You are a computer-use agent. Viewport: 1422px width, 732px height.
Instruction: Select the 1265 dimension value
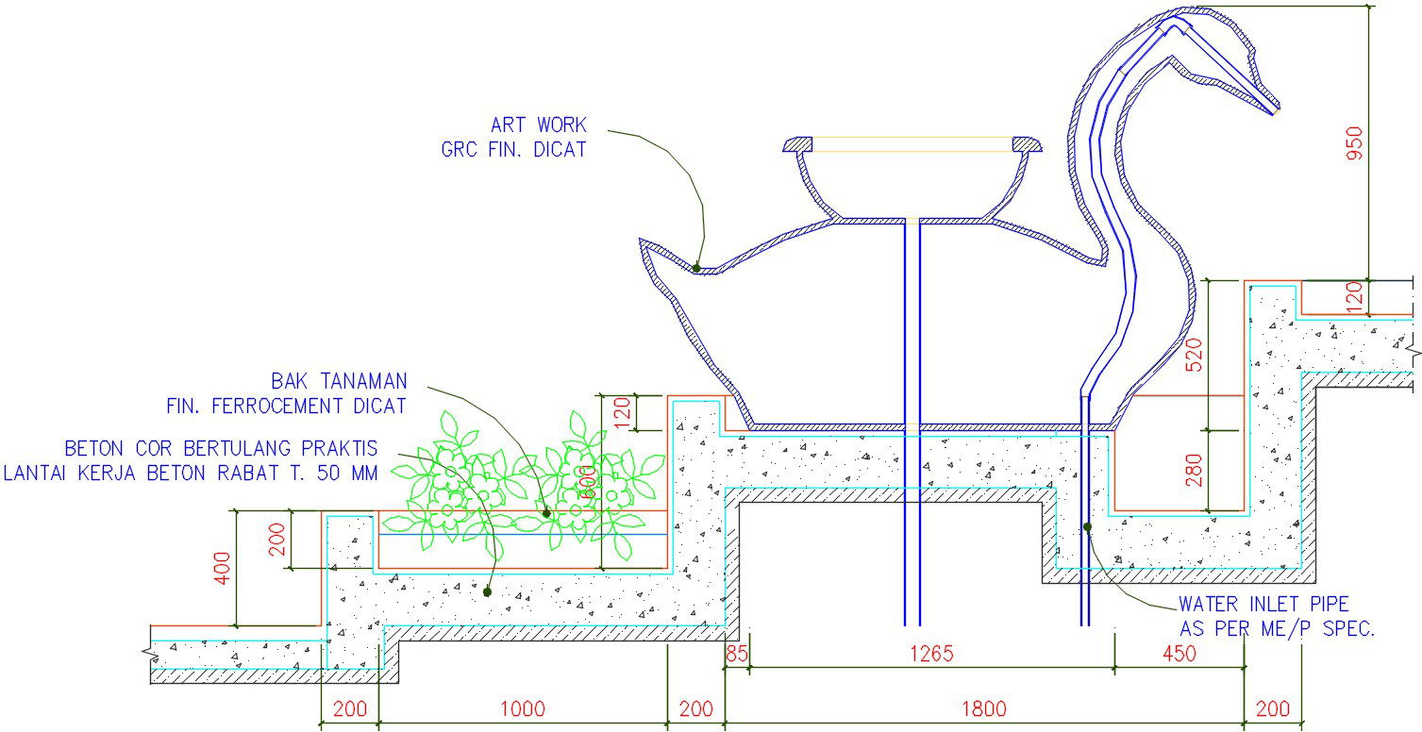[x=931, y=652]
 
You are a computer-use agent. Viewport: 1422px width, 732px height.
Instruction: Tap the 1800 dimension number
[x=984, y=708]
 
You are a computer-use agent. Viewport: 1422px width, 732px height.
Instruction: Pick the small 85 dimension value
[x=737, y=652]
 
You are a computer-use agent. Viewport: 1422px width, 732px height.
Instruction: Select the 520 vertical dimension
[x=1195, y=354]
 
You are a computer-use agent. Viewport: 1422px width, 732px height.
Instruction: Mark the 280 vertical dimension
[x=1195, y=471]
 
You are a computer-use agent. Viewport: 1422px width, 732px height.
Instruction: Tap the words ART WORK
[x=538, y=125]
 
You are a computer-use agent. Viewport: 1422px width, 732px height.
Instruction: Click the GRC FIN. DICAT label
[x=513, y=149]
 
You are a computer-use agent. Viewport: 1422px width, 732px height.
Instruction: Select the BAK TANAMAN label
[x=339, y=382]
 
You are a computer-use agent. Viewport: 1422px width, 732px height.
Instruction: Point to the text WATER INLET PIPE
[x=1263, y=604]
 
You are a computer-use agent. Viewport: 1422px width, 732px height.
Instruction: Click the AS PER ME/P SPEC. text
[x=1276, y=628]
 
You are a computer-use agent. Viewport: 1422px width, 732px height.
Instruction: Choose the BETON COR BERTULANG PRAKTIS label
[x=221, y=447]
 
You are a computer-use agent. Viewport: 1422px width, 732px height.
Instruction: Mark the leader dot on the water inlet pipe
[x=1087, y=527]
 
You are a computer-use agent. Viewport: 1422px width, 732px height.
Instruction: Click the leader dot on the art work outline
[x=696, y=268]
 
